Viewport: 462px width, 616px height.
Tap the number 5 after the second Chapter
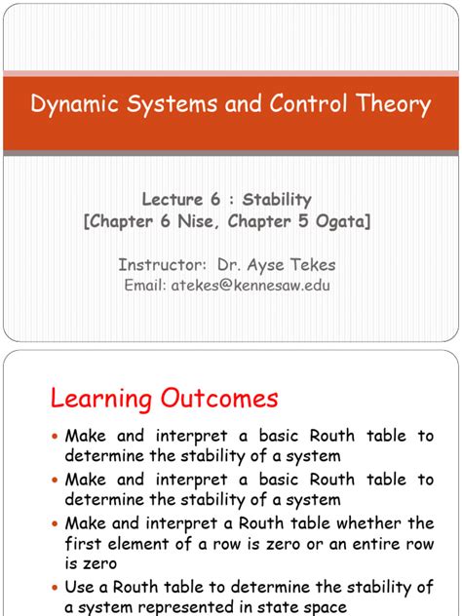point(304,221)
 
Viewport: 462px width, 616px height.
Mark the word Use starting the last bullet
point(80,587)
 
